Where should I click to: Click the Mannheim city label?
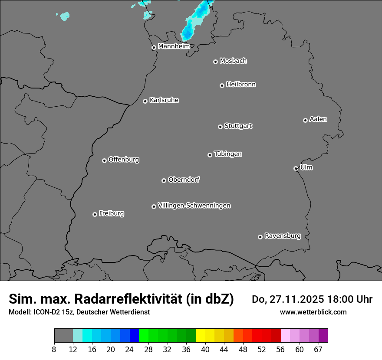click(174, 46)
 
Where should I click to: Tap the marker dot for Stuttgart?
click(220, 127)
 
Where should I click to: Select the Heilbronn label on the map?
click(241, 84)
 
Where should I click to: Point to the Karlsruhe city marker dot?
click(145, 101)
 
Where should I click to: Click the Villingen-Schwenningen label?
click(194, 205)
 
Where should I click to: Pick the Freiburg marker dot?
click(95, 214)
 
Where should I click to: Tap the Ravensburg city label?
click(282, 236)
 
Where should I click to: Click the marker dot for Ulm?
click(296, 168)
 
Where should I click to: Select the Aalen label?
click(318, 119)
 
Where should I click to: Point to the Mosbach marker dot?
click(215, 62)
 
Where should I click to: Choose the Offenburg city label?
click(124, 159)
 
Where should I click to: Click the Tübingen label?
click(228, 154)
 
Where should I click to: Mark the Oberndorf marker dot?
click(164, 180)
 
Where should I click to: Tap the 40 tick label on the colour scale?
click(205, 349)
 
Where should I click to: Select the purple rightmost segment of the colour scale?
click(323, 336)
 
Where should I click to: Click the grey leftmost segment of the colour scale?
click(63, 336)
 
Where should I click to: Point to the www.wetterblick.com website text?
click(313, 312)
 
